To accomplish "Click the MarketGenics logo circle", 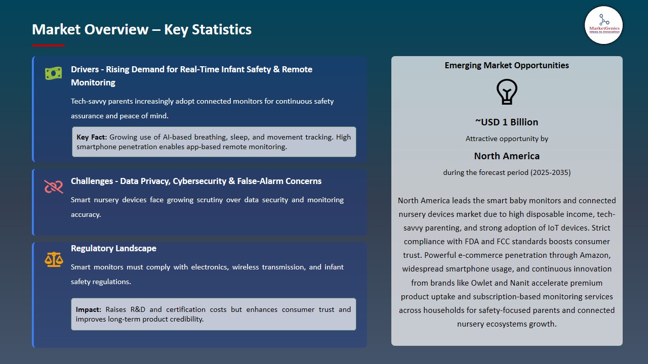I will (x=603, y=25).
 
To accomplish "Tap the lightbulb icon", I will (x=507, y=92).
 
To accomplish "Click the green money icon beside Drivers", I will (x=53, y=73).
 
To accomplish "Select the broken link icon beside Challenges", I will (x=53, y=187).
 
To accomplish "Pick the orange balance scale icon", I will (x=53, y=259).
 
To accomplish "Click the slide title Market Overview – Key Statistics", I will (x=142, y=29).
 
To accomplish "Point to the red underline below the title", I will (x=49, y=45).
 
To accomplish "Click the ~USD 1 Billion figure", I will (x=507, y=122).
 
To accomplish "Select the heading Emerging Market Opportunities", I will (x=507, y=65).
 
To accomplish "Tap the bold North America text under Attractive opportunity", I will (x=507, y=156).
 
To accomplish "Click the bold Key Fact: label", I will (x=92, y=137).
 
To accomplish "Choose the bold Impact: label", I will (x=89, y=309).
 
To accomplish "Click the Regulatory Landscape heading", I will (x=113, y=248).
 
